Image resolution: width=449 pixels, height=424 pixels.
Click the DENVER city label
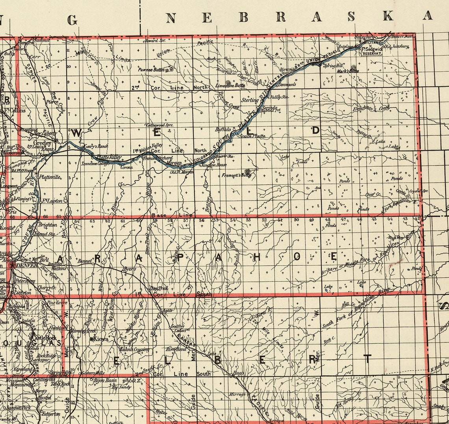(x=28, y=265)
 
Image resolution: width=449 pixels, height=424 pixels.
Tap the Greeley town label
(x=42, y=143)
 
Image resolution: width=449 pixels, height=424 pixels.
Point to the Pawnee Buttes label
(x=151, y=69)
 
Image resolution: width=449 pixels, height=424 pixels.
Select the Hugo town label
(x=239, y=372)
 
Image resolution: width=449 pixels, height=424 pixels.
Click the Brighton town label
(x=47, y=225)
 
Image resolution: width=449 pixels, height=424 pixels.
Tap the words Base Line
(x=172, y=216)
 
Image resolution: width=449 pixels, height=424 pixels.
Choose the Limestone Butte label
(x=230, y=85)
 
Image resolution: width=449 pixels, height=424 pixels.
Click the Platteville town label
(x=50, y=177)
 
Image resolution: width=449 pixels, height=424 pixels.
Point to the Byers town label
(x=130, y=269)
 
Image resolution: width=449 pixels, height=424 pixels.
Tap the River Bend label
(x=176, y=349)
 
